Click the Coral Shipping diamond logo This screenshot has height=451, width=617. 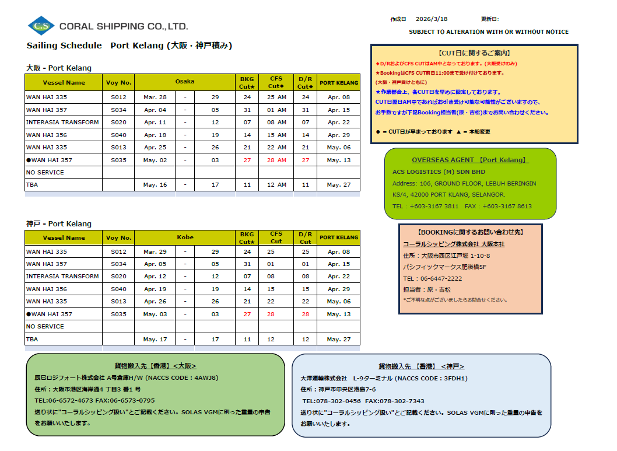41,26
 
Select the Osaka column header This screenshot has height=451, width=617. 185,82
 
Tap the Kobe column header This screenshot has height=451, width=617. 185,237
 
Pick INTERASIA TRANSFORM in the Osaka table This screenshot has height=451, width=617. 62,123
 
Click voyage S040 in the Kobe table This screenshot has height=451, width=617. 118,289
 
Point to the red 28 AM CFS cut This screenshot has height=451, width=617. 276,160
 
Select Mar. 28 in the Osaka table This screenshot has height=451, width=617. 155,97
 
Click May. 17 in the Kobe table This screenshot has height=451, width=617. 155,339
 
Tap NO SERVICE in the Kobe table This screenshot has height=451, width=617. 45,326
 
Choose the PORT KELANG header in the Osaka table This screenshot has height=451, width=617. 339,83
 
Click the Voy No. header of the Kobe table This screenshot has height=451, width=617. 118,238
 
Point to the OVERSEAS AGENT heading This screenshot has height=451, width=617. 469,160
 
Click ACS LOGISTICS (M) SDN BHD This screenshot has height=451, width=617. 439,172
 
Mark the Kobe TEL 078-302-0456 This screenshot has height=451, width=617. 331,401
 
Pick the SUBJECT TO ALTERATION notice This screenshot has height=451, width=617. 488,32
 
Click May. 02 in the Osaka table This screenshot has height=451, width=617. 155,160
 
